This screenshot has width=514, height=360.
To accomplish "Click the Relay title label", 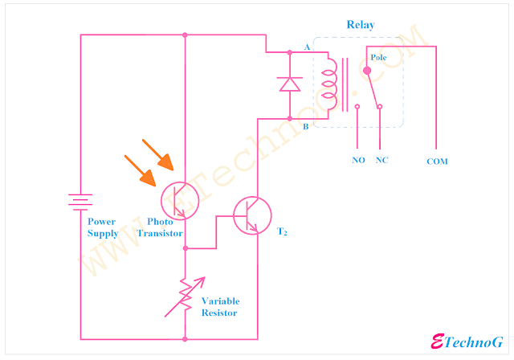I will (x=361, y=25).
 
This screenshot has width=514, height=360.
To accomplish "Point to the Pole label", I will (x=378, y=58).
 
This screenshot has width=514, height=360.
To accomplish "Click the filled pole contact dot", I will (x=367, y=70).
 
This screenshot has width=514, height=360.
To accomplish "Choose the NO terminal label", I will (x=358, y=160).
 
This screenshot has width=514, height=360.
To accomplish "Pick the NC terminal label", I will (x=381, y=160).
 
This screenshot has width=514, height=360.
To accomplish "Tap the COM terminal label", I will (x=438, y=162).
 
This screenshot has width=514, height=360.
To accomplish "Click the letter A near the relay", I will (x=307, y=47).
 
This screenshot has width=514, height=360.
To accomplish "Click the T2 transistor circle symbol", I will (x=251, y=215).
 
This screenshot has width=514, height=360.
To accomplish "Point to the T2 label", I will (x=282, y=232).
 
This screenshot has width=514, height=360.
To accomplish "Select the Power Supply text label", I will (x=102, y=227).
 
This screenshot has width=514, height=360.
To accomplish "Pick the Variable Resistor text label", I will (x=220, y=306).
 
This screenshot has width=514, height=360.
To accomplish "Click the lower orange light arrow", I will (x=142, y=171).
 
